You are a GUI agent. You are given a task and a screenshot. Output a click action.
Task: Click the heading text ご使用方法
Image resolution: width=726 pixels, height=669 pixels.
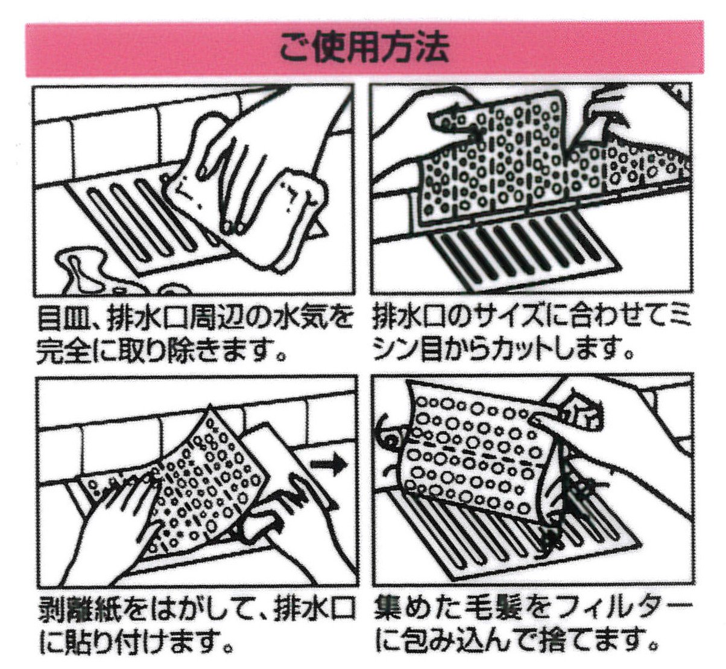[x=364, y=48]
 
